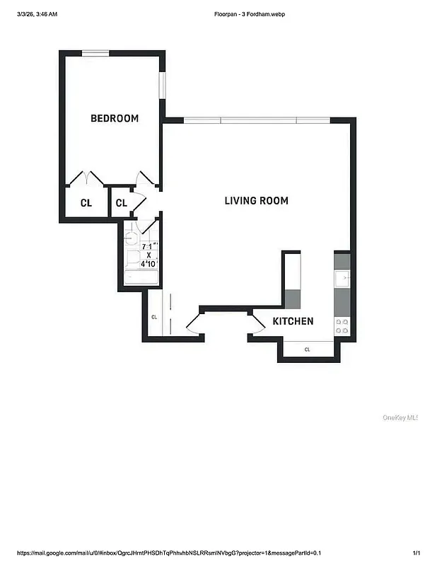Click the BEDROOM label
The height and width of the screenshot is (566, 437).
pos(115,118)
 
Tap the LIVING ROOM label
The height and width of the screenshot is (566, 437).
pos(256,201)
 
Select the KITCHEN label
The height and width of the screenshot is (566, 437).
pos(293,321)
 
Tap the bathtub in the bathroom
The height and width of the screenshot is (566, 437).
pos(141,277)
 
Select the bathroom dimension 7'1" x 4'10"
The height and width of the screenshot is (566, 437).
pos(148,255)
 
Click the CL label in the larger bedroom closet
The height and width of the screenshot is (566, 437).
pos(86,203)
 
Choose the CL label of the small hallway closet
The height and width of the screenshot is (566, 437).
pos(121,203)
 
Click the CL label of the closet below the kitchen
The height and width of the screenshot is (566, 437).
pos(308,350)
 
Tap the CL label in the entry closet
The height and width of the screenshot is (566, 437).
pos(153,317)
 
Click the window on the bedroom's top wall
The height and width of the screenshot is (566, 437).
pos(95,53)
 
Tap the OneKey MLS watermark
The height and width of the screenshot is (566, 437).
pos(400,417)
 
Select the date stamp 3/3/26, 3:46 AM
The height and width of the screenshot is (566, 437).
pos(37,14)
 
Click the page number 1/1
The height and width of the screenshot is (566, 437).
pos(416,553)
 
